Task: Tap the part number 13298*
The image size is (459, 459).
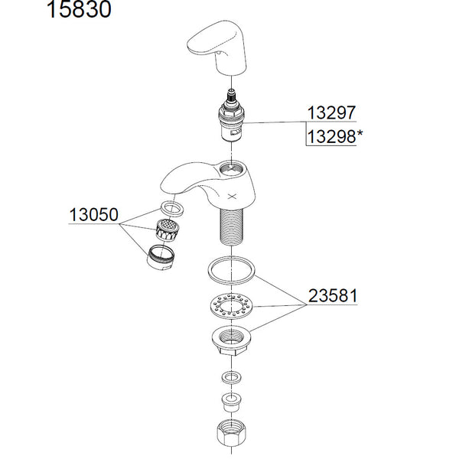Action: coord(331,137)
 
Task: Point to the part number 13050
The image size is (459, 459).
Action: coord(93,215)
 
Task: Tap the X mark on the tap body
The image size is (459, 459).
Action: coord(233,196)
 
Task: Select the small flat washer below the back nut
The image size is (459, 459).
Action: coord(230,376)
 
